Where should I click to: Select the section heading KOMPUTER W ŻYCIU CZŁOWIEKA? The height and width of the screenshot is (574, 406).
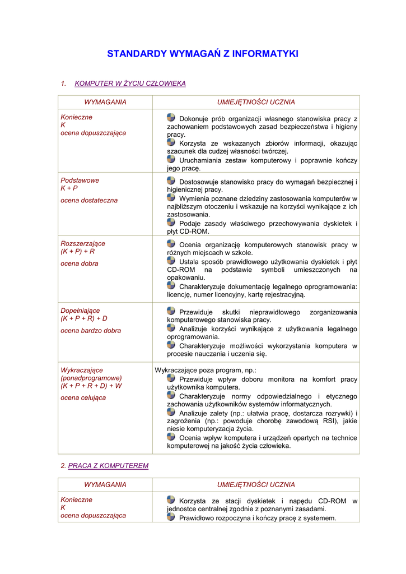[130, 84]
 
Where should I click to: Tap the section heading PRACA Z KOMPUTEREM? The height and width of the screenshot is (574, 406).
[108, 466]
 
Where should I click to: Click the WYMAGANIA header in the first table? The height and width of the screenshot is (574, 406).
[105, 102]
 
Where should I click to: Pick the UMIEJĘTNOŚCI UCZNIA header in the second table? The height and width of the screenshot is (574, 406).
[256, 484]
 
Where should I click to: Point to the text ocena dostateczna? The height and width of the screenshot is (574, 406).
[89, 200]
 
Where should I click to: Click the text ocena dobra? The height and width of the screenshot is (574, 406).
[79, 263]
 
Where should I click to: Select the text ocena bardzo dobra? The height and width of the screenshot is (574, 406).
[91, 331]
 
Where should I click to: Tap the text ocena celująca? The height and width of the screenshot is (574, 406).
[83, 398]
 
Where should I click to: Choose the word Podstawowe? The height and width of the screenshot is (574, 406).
[80, 180]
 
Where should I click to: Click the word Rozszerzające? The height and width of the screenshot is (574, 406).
[83, 244]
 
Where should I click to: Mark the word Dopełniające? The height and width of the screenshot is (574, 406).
[82, 311]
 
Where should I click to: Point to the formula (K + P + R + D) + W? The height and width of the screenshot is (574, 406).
[91, 386]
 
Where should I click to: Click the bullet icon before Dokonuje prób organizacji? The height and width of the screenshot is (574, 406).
[171, 117]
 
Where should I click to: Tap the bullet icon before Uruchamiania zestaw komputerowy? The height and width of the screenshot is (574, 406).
[171, 159]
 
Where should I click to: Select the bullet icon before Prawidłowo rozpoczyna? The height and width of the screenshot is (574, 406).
[171, 517]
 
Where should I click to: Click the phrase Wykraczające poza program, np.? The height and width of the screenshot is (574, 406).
[205, 371]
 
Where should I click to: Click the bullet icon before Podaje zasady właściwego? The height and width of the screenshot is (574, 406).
[171, 222]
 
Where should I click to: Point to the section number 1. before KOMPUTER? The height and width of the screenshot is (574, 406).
[63, 84]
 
